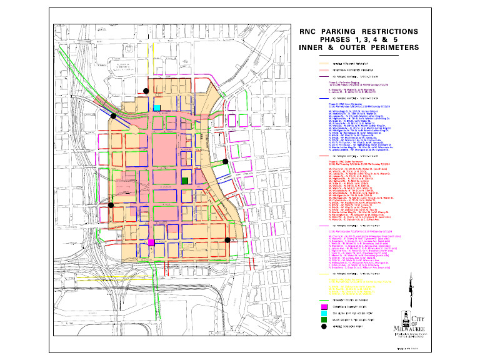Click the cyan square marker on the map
pos(157,107)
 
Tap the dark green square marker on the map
pos(184,181)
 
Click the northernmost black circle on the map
pos(146,91)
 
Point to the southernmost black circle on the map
pos(227,239)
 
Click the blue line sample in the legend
pos(324,97)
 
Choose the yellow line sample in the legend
pos(324,274)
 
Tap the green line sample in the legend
pos(324,301)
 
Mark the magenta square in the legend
pos(324,307)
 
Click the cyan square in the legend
pos(324,314)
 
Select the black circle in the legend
pos(324,326)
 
